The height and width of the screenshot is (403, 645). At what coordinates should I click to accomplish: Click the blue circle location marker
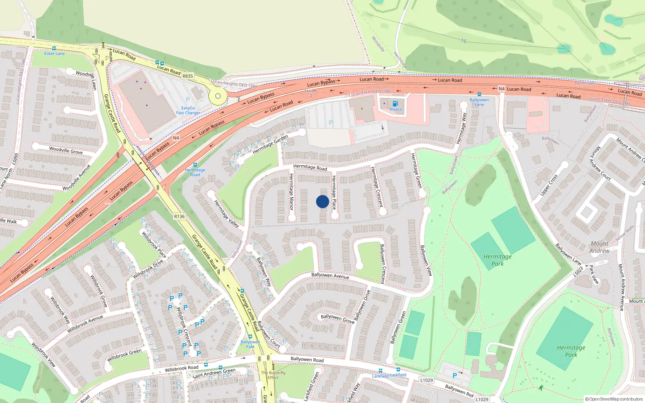(322, 201)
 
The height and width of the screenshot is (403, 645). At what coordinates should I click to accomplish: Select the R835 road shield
(188, 76)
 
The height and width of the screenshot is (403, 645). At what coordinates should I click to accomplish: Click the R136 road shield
(179, 216)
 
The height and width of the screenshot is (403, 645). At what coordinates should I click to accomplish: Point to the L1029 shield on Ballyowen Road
(427, 380)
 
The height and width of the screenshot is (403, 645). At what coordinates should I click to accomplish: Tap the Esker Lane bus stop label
(54, 53)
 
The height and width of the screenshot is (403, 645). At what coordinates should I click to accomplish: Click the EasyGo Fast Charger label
(188, 110)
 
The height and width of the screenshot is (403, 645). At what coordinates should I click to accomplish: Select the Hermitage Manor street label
(291, 191)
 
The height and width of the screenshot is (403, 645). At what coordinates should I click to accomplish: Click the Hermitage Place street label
(334, 192)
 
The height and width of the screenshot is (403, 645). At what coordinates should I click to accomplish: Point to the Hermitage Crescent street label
(377, 187)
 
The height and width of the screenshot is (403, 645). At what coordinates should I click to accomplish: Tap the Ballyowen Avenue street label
(330, 276)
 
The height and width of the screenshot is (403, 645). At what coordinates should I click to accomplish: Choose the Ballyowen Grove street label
(337, 318)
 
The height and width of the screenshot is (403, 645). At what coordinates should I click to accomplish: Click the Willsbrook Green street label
(124, 355)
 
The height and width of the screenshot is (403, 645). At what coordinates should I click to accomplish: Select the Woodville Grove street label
(66, 150)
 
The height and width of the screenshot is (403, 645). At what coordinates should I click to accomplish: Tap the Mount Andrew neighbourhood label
(599, 247)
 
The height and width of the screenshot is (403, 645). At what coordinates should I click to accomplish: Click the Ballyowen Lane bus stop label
(479, 102)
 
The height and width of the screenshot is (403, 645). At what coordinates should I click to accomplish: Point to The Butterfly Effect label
(273, 375)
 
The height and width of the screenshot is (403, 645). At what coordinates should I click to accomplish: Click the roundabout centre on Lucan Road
(218, 96)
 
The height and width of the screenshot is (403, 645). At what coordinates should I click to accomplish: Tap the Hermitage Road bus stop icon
(195, 165)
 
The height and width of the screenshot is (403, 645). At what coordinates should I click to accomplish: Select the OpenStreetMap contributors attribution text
(614, 399)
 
